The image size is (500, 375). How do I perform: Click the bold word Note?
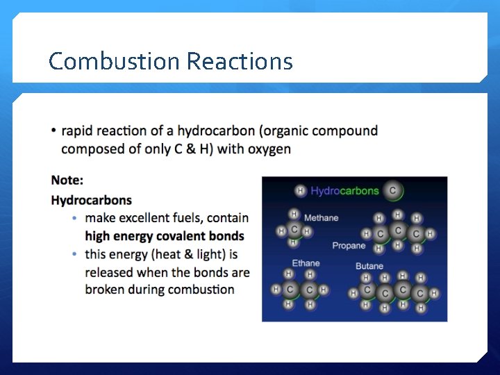pyautogui.click(x=67, y=181)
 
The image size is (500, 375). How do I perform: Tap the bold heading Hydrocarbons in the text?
pyautogui.click(x=91, y=200)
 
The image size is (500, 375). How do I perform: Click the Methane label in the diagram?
pyautogui.click(x=321, y=218)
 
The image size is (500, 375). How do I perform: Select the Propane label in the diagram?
pyautogui.click(x=349, y=246)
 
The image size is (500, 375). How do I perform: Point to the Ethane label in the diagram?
pyautogui.click(x=306, y=263)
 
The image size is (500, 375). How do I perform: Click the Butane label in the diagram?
pyautogui.click(x=369, y=266)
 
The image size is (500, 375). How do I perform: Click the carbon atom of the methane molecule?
pyautogui.click(x=294, y=230)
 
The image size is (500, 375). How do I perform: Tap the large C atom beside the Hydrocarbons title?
pyautogui.click(x=392, y=190)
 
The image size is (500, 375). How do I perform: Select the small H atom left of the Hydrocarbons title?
pyautogui.click(x=300, y=190)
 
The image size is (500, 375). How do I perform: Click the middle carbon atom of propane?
pyautogui.click(x=398, y=231)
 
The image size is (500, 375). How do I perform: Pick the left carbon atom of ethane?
pyautogui.click(x=290, y=290)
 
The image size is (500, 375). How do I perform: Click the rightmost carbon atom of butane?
pyautogui.click(x=419, y=294)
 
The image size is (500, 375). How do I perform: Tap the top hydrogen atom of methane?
pyautogui.click(x=294, y=215)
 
